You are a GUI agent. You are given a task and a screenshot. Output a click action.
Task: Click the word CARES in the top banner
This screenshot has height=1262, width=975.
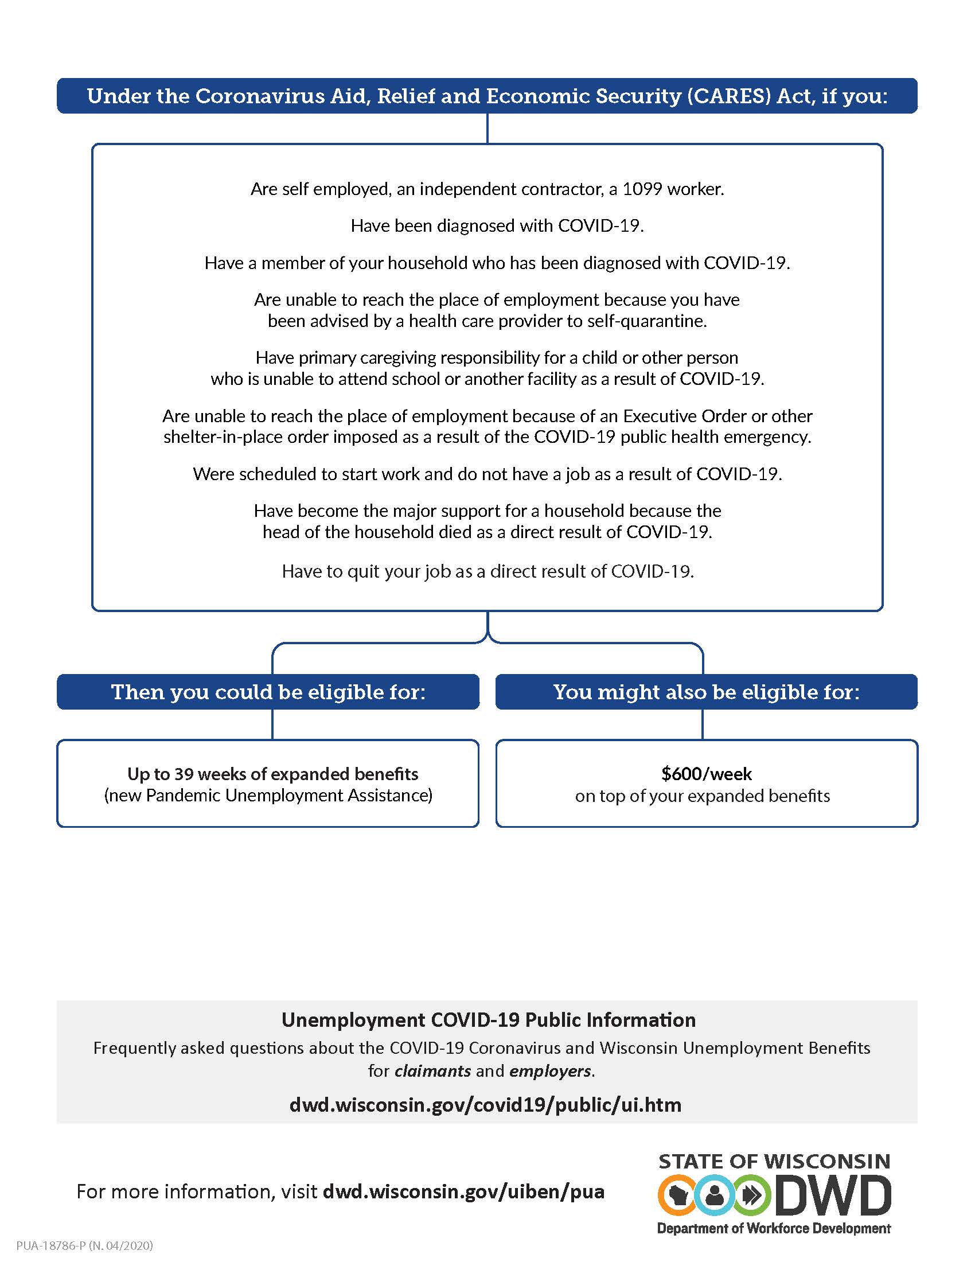728,96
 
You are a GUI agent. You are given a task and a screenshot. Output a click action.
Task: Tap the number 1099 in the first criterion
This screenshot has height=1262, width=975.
642,189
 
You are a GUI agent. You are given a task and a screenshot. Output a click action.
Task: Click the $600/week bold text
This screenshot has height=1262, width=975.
707,774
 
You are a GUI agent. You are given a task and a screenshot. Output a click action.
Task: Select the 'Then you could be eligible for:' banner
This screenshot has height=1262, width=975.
268,692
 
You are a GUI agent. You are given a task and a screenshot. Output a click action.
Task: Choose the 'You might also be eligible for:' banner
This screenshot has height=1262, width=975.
707,692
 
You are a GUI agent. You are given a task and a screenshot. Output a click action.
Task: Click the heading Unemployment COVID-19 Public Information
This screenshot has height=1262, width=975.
488,1020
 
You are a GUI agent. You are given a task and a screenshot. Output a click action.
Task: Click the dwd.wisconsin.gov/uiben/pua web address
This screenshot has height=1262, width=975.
463,1191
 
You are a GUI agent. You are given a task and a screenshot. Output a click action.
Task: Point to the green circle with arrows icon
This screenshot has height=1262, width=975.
751,1194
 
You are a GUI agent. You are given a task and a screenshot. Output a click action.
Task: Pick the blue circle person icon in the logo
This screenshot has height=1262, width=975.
715,1194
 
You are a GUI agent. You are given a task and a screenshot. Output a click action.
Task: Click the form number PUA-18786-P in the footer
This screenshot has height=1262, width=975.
51,1245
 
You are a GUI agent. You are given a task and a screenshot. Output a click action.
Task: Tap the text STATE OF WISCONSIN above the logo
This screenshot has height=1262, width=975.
774,1162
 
